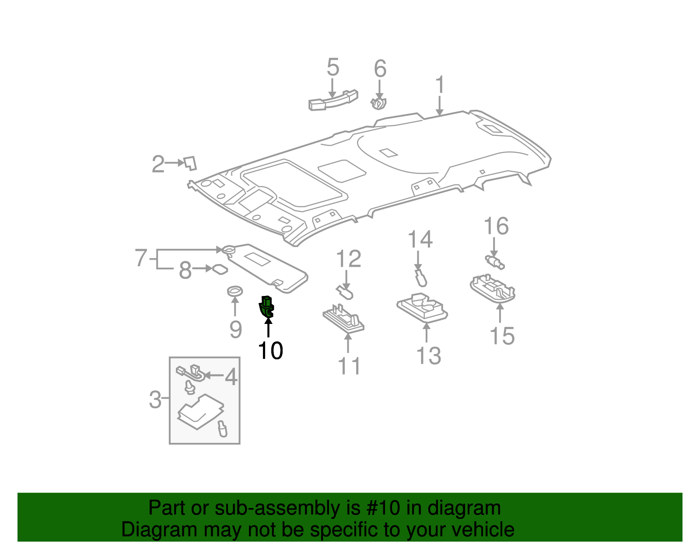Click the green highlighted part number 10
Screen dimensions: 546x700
pyautogui.click(x=266, y=306)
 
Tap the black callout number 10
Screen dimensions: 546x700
pyautogui.click(x=270, y=351)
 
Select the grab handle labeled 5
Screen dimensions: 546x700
pyautogui.click(x=333, y=100)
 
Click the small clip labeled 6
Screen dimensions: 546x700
pyautogui.click(x=379, y=104)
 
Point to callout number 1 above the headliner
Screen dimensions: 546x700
pyautogui.click(x=440, y=85)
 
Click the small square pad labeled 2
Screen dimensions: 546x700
pyautogui.click(x=190, y=163)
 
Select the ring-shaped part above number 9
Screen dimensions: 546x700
pyautogui.click(x=235, y=290)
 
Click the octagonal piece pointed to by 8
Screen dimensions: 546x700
pyautogui.click(x=220, y=269)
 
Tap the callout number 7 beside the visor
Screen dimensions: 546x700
pyautogui.click(x=140, y=258)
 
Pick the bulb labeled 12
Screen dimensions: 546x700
pyautogui.click(x=345, y=292)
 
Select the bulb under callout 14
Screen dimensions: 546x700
pyautogui.click(x=420, y=278)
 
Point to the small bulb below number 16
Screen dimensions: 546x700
pyautogui.click(x=495, y=262)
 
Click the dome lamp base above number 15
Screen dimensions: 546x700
pyautogui.click(x=493, y=289)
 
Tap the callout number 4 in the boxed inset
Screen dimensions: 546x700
pyautogui.click(x=231, y=377)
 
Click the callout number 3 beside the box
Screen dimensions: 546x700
pyautogui.click(x=155, y=400)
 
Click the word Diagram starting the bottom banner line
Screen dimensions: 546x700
pyautogui.click(x=146, y=530)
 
